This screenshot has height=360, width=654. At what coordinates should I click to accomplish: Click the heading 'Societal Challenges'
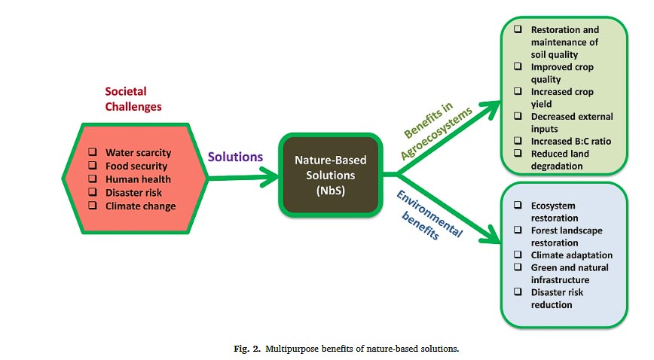(x=133, y=99)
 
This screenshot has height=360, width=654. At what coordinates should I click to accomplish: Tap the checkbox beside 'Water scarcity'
(x=92, y=152)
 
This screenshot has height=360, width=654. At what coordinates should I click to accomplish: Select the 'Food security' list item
(x=136, y=166)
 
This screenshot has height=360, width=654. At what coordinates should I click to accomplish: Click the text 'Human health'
(x=138, y=179)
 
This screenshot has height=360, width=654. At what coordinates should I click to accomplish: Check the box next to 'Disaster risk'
(x=92, y=193)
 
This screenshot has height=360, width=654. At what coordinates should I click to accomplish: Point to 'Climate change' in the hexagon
(x=140, y=206)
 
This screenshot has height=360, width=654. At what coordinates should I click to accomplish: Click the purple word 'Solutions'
(x=236, y=157)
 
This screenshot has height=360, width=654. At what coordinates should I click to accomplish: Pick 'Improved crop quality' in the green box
(x=563, y=73)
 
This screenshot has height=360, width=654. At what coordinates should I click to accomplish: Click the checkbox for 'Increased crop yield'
(x=519, y=92)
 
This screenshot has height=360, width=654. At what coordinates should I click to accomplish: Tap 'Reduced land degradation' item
(x=560, y=160)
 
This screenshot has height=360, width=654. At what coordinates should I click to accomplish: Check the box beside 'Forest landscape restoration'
(x=519, y=230)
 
